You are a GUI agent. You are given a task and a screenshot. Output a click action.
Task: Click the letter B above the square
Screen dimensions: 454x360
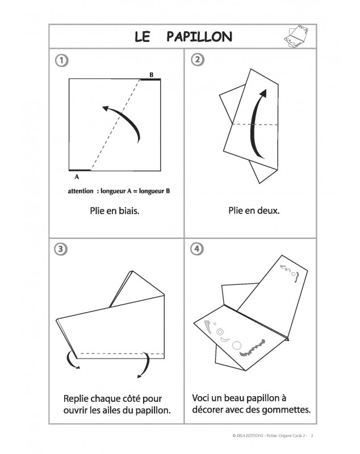[x=151, y=74]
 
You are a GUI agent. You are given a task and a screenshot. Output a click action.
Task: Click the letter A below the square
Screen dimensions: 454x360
[x=77, y=177]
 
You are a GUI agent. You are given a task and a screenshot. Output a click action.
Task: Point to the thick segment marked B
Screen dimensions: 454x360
[x=150, y=80]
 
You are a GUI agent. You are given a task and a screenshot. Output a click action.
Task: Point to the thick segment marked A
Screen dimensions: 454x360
[x=79, y=170]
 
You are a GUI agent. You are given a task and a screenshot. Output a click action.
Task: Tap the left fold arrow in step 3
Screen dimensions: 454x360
[x=72, y=361]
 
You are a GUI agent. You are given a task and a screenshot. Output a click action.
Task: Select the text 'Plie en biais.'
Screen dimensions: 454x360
[x=114, y=212]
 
